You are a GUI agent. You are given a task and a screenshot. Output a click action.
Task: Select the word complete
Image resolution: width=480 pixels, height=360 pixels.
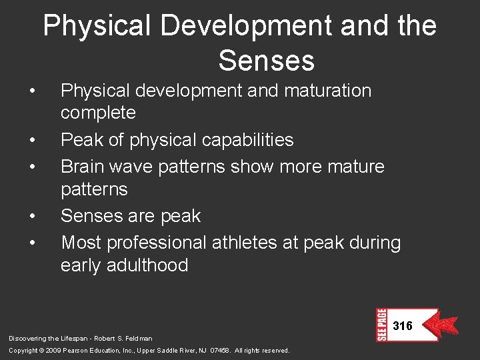click(x=98, y=113)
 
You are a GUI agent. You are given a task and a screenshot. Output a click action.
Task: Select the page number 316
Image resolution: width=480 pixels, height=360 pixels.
click(x=403, y=326)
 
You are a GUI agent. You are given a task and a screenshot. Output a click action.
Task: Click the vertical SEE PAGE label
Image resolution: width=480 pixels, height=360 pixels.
click(x=382, y=325)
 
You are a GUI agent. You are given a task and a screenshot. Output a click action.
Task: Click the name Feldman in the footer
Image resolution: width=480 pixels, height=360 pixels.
click(x=138, y=339)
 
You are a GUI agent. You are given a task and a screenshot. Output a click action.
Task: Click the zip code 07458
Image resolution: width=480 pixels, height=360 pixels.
click(x=218, y=351)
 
